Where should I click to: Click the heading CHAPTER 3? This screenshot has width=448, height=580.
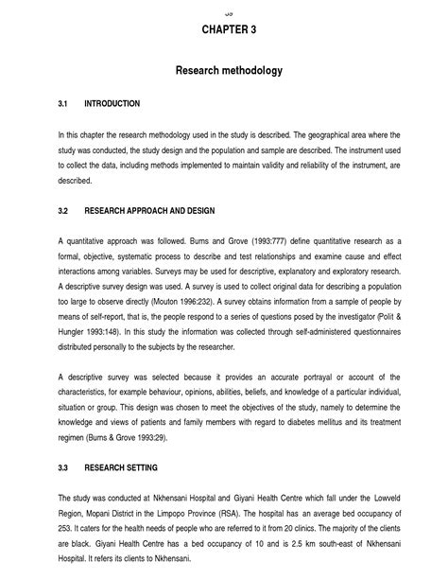(x=228, y=29)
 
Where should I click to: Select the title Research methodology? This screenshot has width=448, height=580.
(x=228, y=71)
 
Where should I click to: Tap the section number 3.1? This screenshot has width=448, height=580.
(x=64, y=103)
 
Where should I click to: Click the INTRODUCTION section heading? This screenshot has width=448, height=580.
(x=112, y=103)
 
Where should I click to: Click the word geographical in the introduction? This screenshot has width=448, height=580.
(x=327, y=134)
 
